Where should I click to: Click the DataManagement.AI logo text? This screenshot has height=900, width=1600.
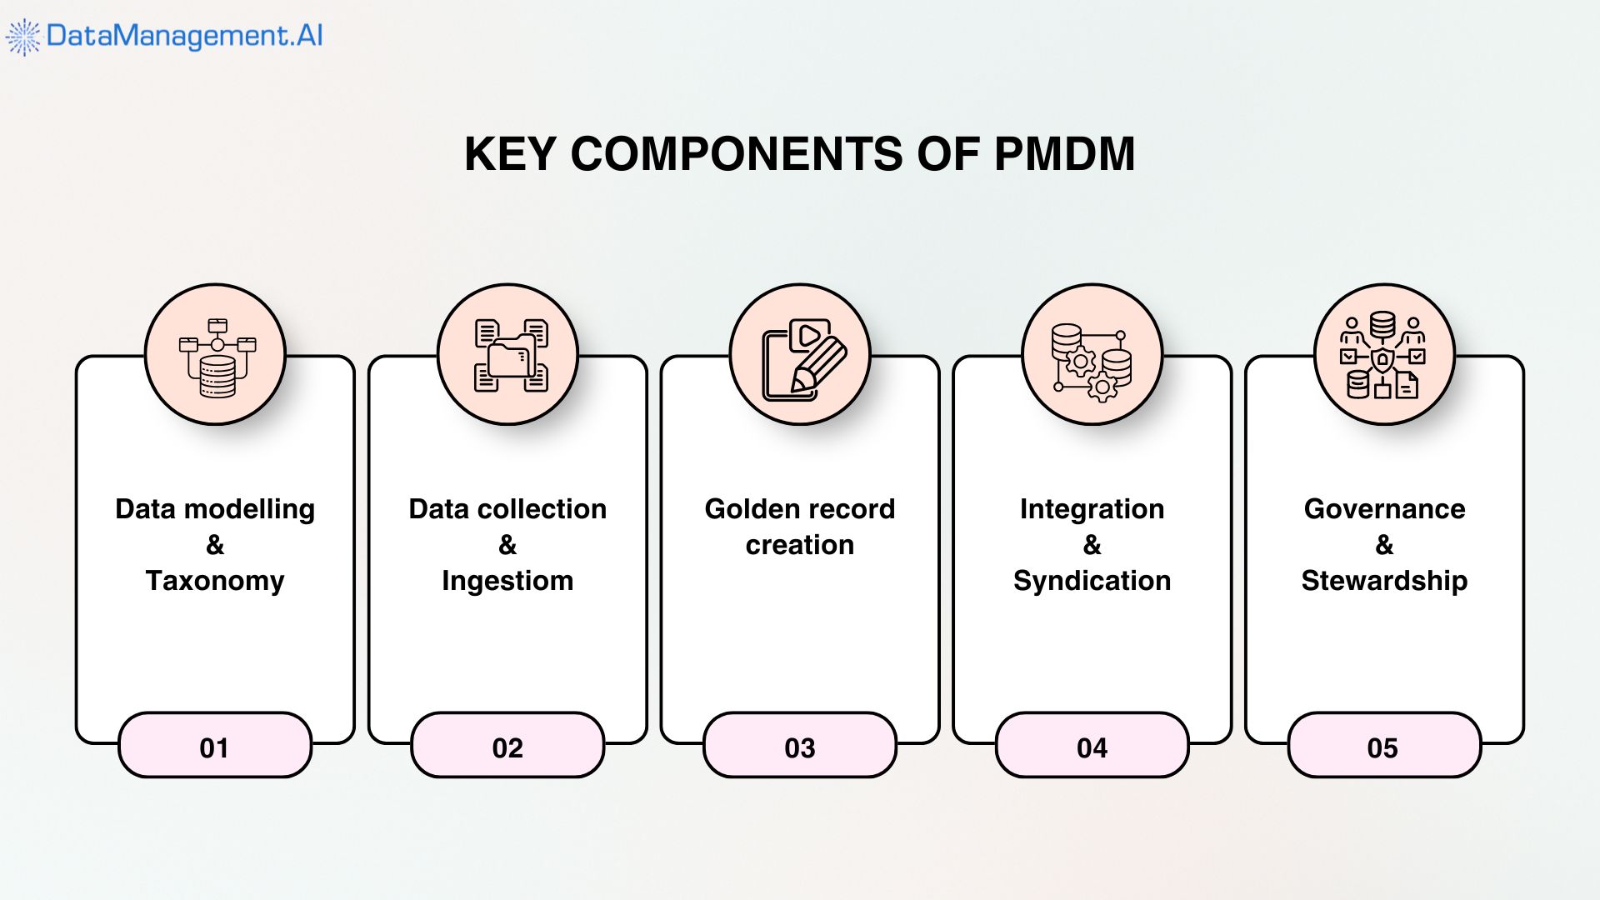click(184, 36)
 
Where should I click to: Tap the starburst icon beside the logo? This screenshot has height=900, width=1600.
click(22, 37)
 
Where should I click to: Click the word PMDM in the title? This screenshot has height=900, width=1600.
click(1064, 154)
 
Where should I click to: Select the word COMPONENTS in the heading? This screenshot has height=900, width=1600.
click(737, 154)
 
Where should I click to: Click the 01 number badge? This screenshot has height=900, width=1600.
click(215, 747)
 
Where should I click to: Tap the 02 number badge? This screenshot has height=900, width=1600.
click(507, 747)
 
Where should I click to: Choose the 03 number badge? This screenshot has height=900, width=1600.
click(800, 747)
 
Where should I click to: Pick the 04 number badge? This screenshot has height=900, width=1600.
click(1092, 747)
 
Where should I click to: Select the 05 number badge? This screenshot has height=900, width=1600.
click(1383, 747)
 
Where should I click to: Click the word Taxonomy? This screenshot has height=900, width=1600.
click(215, 581)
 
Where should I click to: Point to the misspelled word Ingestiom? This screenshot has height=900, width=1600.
click(507, 581)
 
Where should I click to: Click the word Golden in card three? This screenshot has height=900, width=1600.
click(749, 509)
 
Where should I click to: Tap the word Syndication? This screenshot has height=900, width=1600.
click(1092, 581)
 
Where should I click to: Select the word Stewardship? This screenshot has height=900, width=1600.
click(1384, 581)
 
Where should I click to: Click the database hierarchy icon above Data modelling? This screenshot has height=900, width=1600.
click(216, 355)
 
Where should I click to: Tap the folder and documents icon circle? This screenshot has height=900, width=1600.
click(508, 355)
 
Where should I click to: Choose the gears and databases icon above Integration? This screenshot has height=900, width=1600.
click(1092, 357)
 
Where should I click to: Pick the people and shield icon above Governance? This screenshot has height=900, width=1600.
click(1384, 355)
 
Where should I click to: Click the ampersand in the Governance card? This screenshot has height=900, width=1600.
click(1384, 545)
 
